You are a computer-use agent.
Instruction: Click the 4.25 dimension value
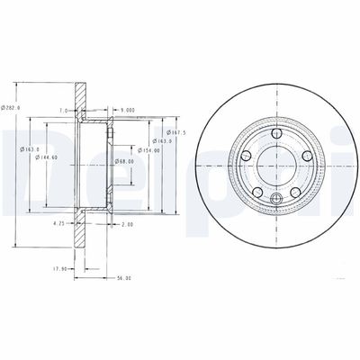click(x=58, y=222)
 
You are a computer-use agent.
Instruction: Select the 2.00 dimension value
click(x=126, y=222)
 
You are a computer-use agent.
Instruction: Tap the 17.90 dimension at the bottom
click(x=59, y=267)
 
